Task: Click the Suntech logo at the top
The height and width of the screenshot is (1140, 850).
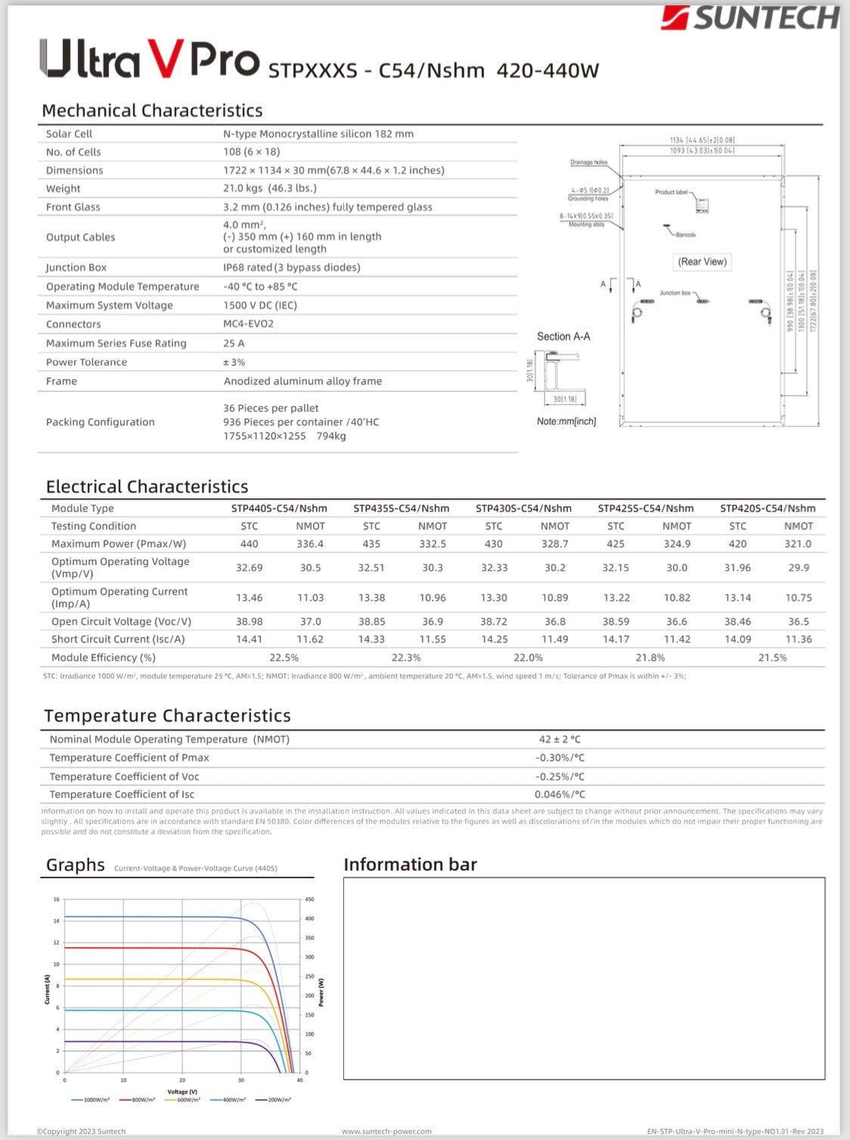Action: [x=750, y=17]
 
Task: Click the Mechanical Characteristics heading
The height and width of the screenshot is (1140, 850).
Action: [x=152, y=110]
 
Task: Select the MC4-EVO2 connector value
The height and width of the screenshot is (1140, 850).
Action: [x=248, y=324]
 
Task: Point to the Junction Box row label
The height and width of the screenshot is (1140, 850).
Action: [x=76, y=268]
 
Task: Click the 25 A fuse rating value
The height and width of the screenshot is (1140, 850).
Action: [x=234, y=343]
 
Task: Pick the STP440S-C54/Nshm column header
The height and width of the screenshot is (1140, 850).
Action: [x=279, y=508]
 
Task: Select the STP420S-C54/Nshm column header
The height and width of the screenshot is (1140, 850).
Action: [x=768, y=508]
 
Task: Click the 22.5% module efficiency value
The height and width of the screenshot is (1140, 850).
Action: [x=284, y=658]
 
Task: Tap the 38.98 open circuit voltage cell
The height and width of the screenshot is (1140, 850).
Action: [x=250, y=622]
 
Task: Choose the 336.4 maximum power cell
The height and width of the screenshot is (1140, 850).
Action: [x=310, y=544]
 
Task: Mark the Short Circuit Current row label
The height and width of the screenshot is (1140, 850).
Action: [x=118, y=639]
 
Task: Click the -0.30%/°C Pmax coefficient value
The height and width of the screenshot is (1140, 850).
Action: [x=560, y=758]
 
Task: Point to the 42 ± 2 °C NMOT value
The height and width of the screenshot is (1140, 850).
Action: [x=560, y=739]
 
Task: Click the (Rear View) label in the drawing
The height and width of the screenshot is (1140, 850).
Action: [x=703, y=262]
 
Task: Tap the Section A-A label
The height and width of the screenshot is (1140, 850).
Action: [x=563, y=337]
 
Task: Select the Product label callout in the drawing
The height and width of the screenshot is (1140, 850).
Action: [x=672, y=192]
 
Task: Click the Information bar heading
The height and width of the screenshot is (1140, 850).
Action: [x=410, y=865]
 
